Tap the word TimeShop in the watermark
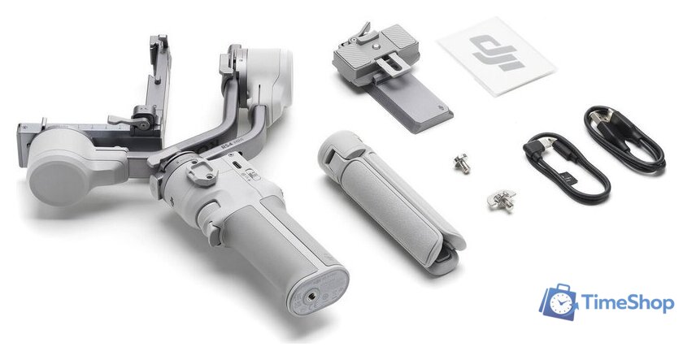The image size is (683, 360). click(628, 304)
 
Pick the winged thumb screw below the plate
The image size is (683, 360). click(501, 198)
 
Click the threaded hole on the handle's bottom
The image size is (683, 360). click(311, 296)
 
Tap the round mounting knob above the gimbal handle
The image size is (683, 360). click(195, 170)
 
